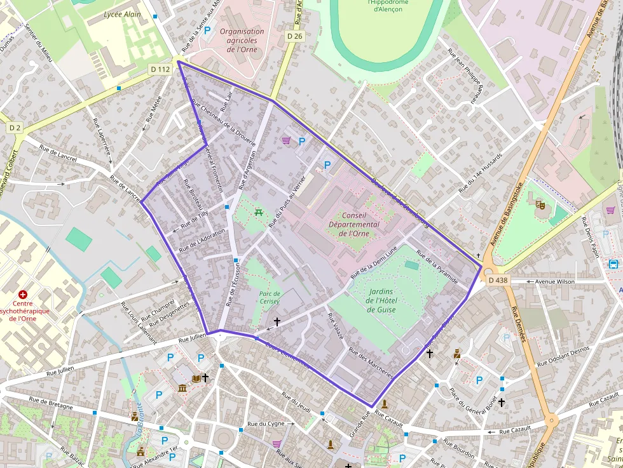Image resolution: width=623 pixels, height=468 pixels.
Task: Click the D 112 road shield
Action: tap(160, 69)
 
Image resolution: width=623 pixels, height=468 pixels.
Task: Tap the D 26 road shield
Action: tap(294, 36)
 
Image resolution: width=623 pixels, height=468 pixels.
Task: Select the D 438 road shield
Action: tap(498, 279)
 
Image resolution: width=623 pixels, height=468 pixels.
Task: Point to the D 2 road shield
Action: tap(15, 128)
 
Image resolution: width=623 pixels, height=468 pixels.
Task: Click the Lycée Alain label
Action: tap(122, 14)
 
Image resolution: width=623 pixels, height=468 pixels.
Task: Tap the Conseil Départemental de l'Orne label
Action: tap(354, 224)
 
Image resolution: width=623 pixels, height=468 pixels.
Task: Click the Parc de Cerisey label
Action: tap(270, 297)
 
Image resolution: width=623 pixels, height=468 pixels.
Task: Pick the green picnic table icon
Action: tap(259, 212)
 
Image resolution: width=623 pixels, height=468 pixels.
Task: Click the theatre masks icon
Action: tap(540, 204)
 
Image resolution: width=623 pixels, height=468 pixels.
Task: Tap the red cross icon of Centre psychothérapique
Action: tap(23, 295)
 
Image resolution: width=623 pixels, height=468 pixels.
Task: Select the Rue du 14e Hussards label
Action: tap(479, 173)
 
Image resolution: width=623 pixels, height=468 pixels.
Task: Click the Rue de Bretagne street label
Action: tap(51, 403)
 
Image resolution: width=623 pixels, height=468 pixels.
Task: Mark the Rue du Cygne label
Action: tap(266, 423)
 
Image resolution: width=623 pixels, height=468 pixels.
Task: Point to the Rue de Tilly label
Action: tap(195, 220)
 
